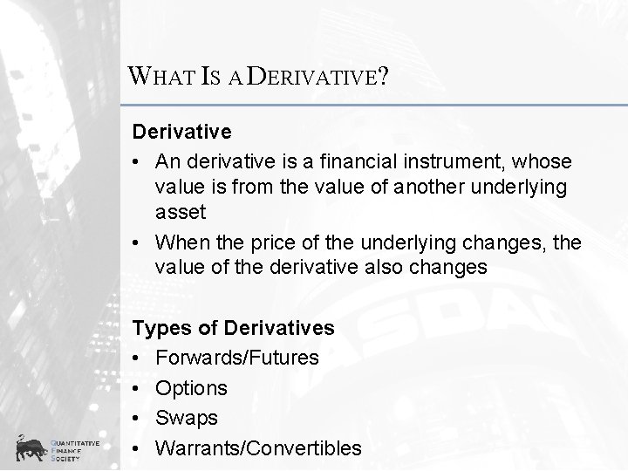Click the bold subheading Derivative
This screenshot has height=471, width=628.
tap(181, 132)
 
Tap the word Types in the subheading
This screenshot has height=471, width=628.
tap(162, 328)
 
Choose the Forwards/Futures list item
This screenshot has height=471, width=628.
tap(236, 358)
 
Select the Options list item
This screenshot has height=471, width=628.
tap(191, 388)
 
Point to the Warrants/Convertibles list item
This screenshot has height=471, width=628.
tap(258, 448)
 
